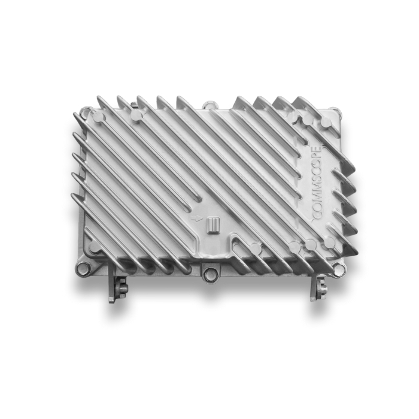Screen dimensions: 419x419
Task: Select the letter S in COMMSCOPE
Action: pyautogui.click(x=317, y=181)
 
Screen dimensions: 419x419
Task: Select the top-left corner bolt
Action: pyautogui.click(x=86, y=111)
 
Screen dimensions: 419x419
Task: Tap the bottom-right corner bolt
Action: pyautogui.click(x=339, y=268)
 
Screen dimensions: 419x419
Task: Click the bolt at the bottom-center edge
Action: pyautogui.click(x=209, y=275)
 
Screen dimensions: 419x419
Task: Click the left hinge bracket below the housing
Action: pyautogui.click(x=116, y=287)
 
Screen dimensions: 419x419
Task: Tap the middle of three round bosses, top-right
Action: pyautogui.click(x=308, y=119)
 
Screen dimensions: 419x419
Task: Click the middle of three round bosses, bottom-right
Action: pyautogui.click(x=311, y=244)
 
